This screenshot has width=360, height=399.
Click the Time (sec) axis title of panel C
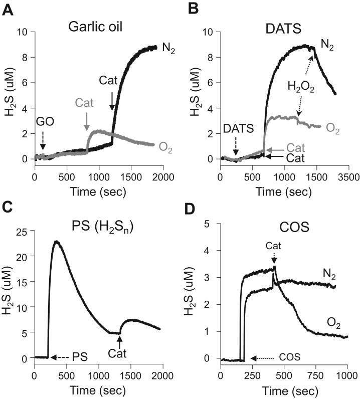click(98, 391)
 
